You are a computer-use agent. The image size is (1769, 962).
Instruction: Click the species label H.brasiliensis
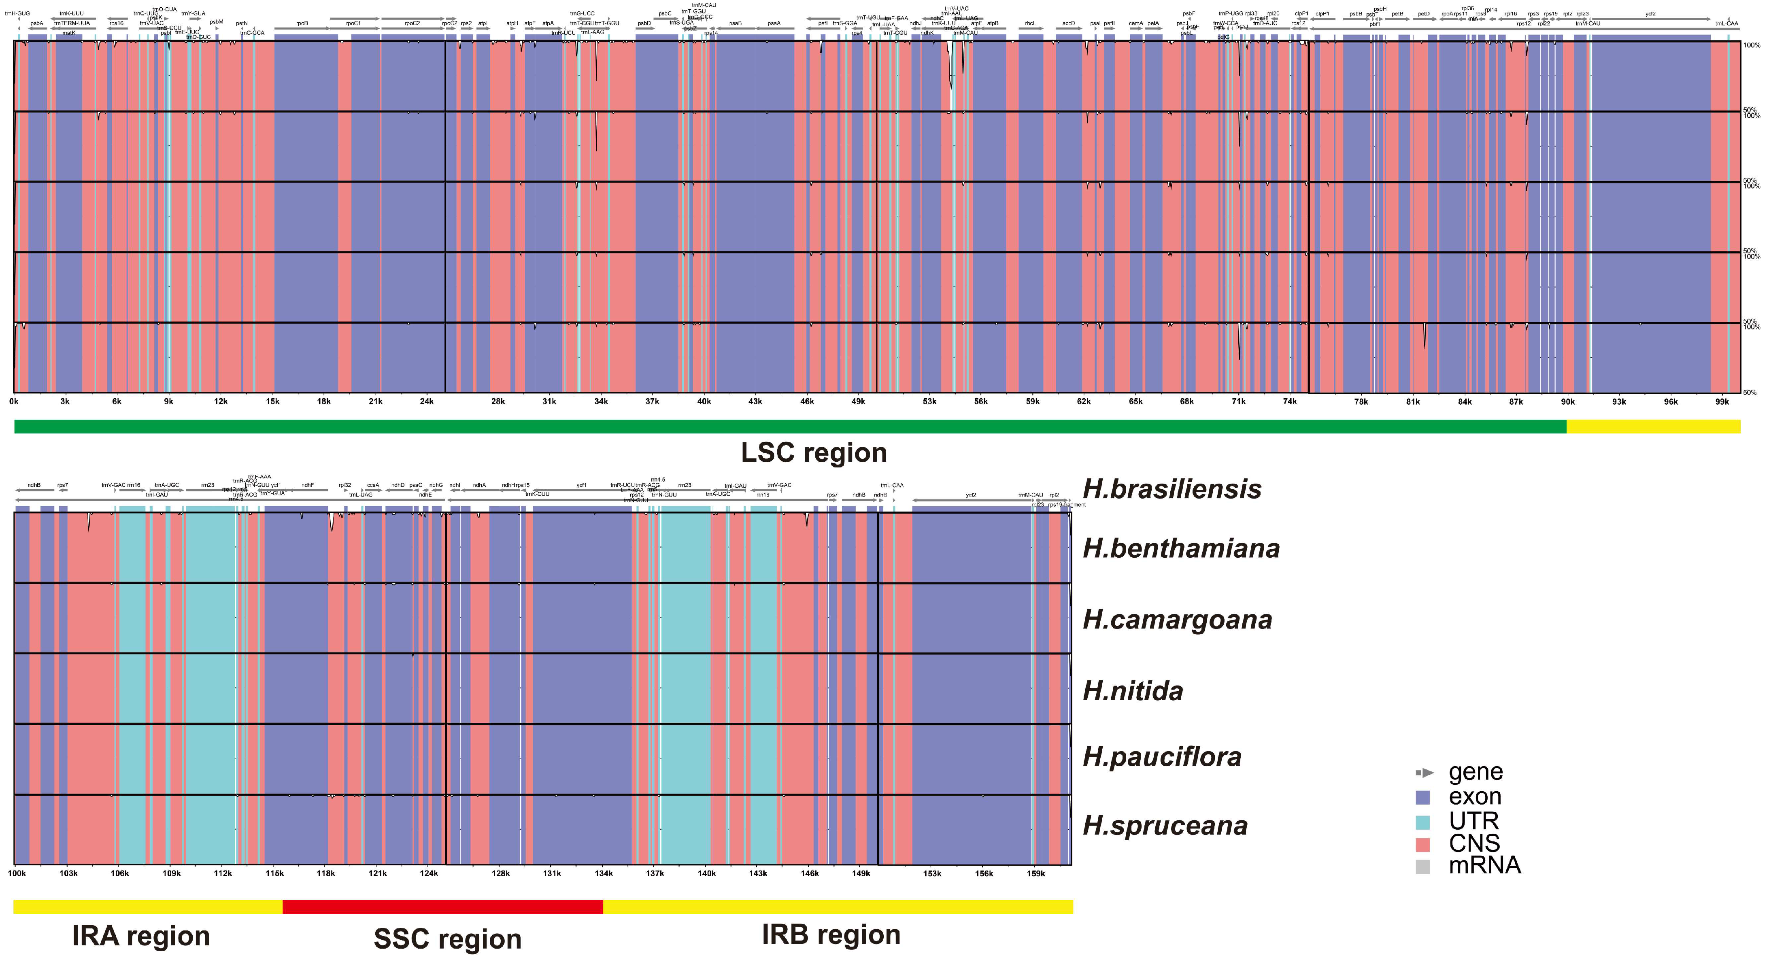click(1172, 489)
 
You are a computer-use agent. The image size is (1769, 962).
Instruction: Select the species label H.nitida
click(1133, 691)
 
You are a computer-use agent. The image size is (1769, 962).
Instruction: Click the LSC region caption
click(814, 452)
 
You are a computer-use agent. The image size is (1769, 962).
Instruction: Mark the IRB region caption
click(831, 934)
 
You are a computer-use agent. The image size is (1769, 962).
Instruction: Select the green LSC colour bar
click(790, 427)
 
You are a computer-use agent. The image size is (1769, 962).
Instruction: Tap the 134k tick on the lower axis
click(604, 873)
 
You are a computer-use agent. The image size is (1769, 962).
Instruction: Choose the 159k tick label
click(1035, 873)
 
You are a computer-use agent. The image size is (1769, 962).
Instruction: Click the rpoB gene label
click(302, 23)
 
